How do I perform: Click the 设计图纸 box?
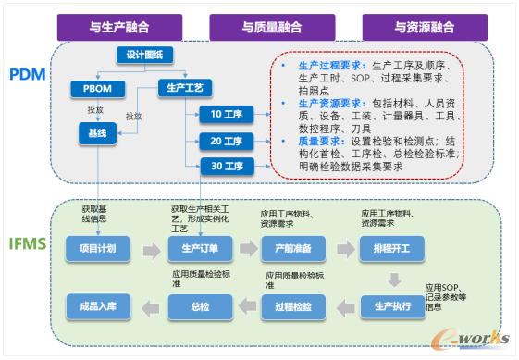[x=145, y=56]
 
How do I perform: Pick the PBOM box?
[x=96, y=89]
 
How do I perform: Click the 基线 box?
[x=96, y=134]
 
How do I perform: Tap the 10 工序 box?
[x=226, y=114]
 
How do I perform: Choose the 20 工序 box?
[x=226, y=141]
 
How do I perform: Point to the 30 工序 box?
[x=226, y=167]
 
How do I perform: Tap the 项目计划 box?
[x=96, y=249]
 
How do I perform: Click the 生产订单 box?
[x=192, y=249]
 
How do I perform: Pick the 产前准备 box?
[x=289, y=249]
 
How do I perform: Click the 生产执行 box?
[x=392, y=305]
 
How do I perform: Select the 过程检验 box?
[x=293, y=305]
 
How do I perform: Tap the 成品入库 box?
[x=96, y=305]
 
